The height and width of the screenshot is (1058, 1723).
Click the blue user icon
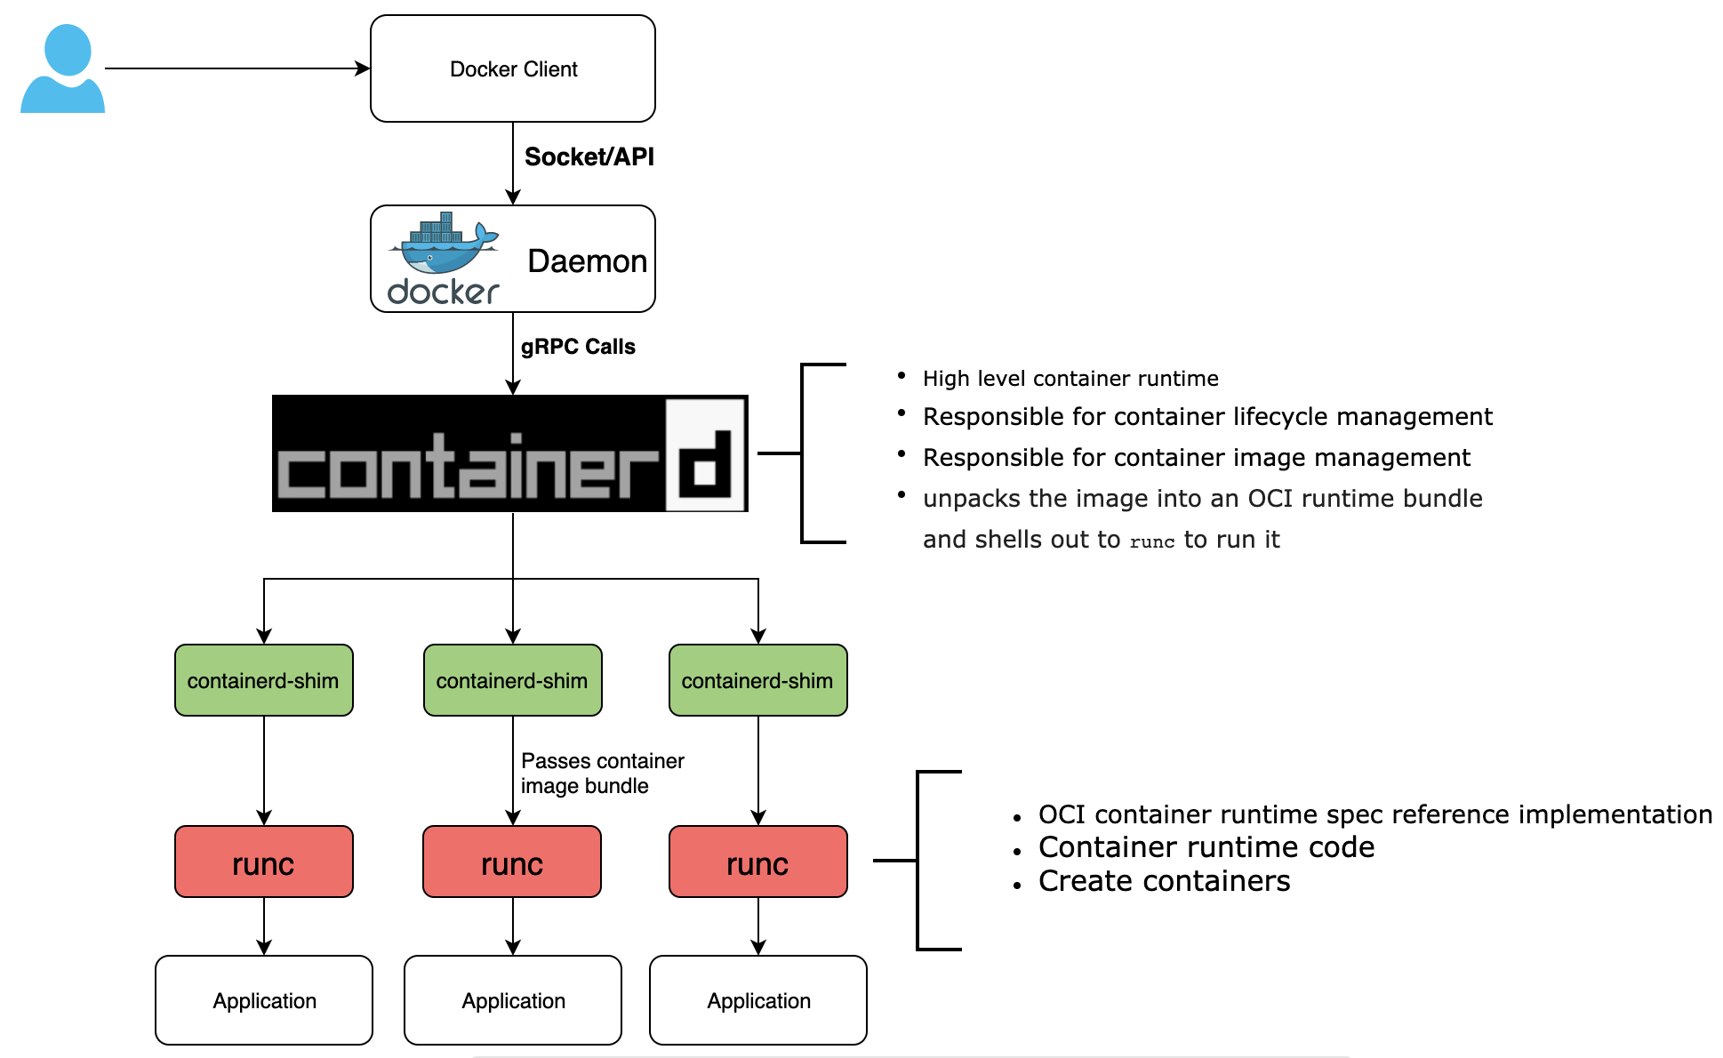(63, 69)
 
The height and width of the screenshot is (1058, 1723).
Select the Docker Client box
(513, 68)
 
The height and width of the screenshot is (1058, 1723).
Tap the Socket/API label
(589, 156)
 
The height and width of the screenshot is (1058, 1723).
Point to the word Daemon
(587, 261)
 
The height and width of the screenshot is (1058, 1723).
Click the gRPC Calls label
(578, 347)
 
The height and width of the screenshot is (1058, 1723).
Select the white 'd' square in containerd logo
(706, 454)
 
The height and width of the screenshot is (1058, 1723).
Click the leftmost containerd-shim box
(264, 680)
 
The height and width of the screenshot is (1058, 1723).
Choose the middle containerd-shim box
(513, 680)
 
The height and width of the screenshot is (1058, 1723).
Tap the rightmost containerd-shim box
(758, 680)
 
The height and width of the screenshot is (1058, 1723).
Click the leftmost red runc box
(264, 862)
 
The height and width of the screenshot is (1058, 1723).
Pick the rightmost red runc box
(758, 862)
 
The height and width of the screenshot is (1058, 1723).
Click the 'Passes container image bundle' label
(602, 773)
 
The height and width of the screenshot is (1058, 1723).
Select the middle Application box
(513, 1000)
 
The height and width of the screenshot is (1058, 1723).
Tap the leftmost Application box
(264, 1000)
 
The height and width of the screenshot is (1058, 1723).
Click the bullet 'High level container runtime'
(1070, 379)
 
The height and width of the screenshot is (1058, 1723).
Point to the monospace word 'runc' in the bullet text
(1151, 541)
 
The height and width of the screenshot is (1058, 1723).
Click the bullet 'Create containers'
(1164, 881)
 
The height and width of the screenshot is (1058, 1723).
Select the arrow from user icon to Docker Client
(236, 68)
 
